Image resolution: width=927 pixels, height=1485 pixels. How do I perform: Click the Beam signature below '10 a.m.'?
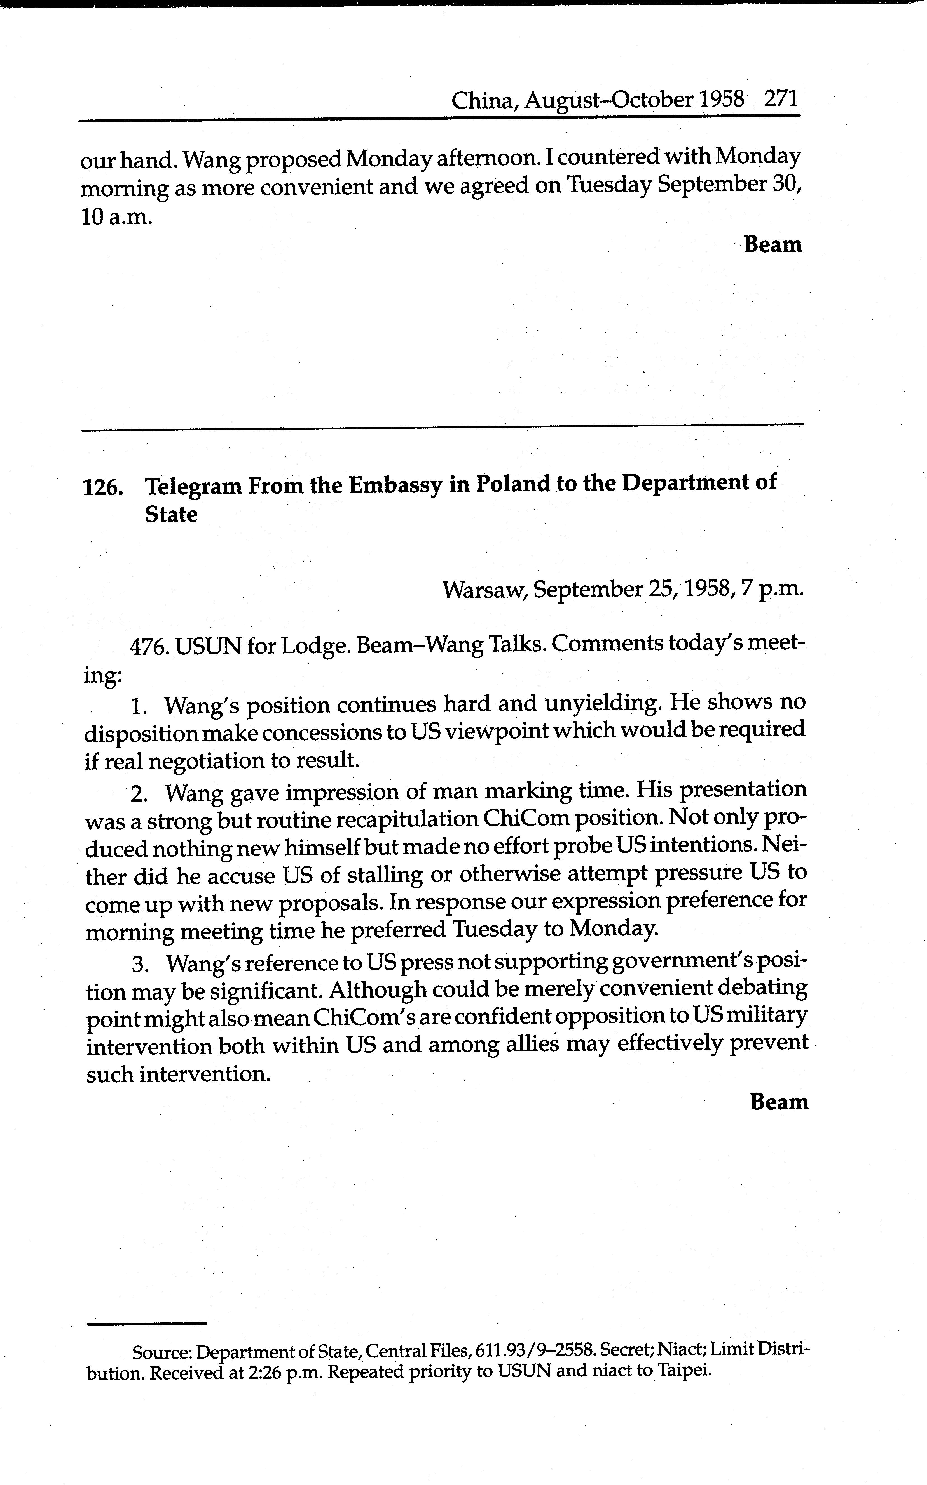[x=773, y=244]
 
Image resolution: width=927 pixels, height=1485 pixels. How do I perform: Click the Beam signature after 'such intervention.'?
[x=779, y=1102]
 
